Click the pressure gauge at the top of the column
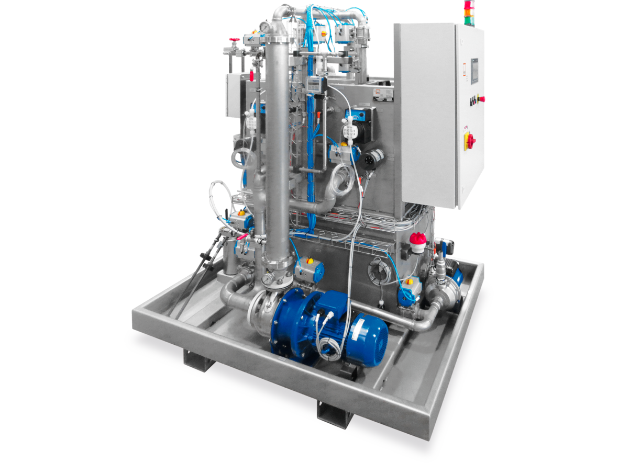[x=264, y=27]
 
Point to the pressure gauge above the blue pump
[x=268, y=279]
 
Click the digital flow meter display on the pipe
[x=314, y=84]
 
